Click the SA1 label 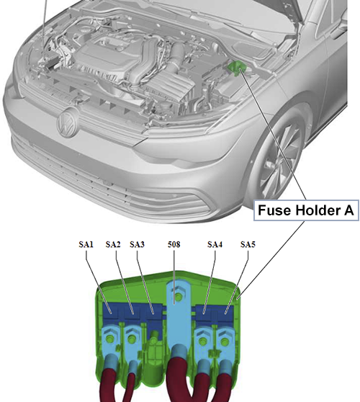(x=86, y=244)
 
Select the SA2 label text (x=113, y=244)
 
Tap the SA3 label (x=137, y=244)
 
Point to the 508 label (x=174, y=244)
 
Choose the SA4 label (x=215, y=244)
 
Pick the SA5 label (x=248, y=244)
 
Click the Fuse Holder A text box (x=306, y=210)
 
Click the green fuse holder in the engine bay (x=236, y=67)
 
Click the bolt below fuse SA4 (x=203, y=340)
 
